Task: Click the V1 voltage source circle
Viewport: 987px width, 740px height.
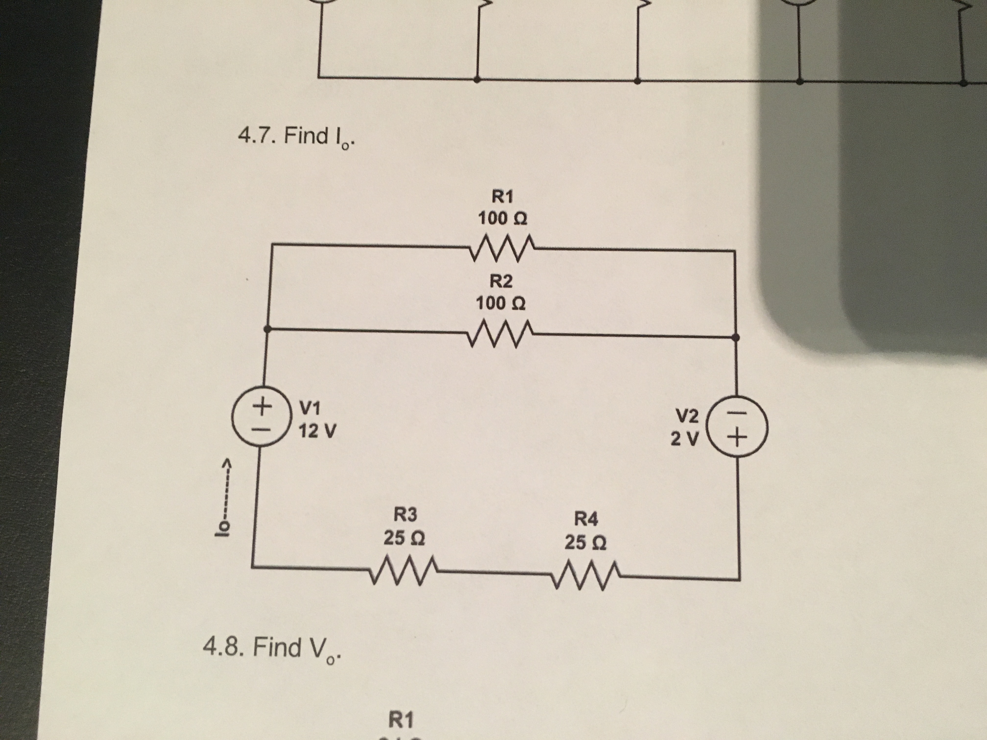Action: click(x=261, y=416)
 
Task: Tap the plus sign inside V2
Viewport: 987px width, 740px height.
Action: click(x=737, y=440)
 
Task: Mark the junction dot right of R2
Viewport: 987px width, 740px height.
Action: click(x=736, y=338)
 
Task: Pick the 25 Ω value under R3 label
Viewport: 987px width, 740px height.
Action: click(x=404, y=538)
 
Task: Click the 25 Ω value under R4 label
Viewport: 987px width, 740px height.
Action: click(x=585, y=542)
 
